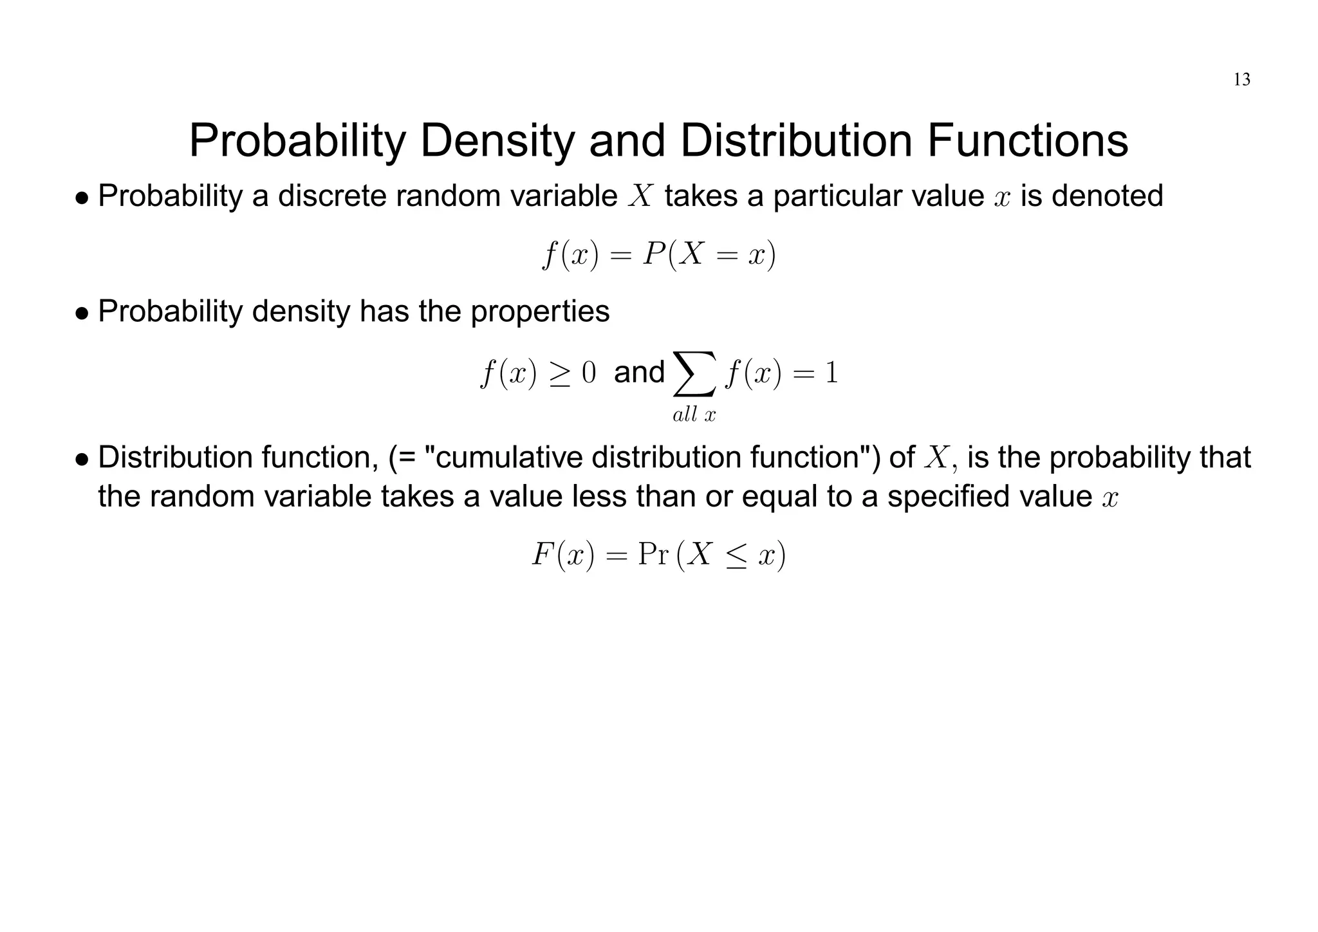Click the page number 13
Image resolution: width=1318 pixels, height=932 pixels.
1241,80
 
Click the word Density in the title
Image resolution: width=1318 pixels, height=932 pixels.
495,141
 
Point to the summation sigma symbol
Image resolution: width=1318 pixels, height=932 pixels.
694,373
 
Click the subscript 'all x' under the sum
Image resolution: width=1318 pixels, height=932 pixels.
694,415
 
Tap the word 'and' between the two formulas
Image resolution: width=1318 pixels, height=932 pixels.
638,372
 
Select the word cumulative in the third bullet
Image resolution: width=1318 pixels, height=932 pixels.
508,458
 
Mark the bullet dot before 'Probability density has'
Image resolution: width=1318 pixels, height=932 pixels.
82,313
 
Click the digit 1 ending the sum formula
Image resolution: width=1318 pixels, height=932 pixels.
831,373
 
